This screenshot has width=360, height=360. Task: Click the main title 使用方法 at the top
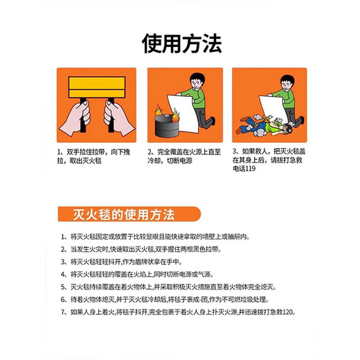[x=181, y=44]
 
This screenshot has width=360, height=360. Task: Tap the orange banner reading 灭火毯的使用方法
[x=127, y=212]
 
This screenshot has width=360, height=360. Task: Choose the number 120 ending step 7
[x=289, y=312]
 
